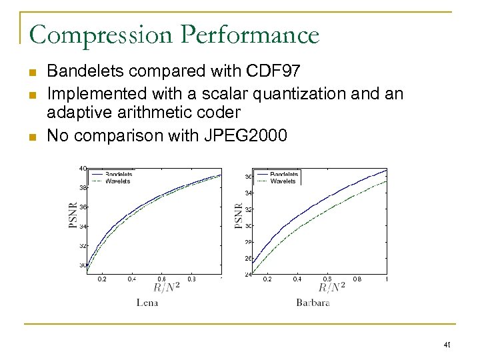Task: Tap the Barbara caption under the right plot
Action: [313, 302]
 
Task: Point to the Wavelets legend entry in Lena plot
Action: [118, 181]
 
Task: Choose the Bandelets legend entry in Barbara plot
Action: [284, 174]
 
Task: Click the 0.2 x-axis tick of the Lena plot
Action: [101, 279]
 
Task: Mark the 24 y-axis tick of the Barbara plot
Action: [248, 274]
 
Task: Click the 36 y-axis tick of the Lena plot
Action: [83, 207]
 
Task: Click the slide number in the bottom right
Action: [447, 345]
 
